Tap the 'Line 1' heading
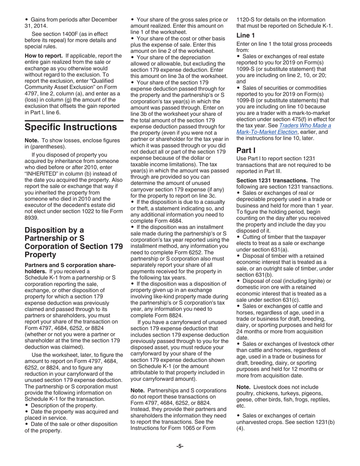[245, 35]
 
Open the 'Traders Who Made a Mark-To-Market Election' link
[283, 128]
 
